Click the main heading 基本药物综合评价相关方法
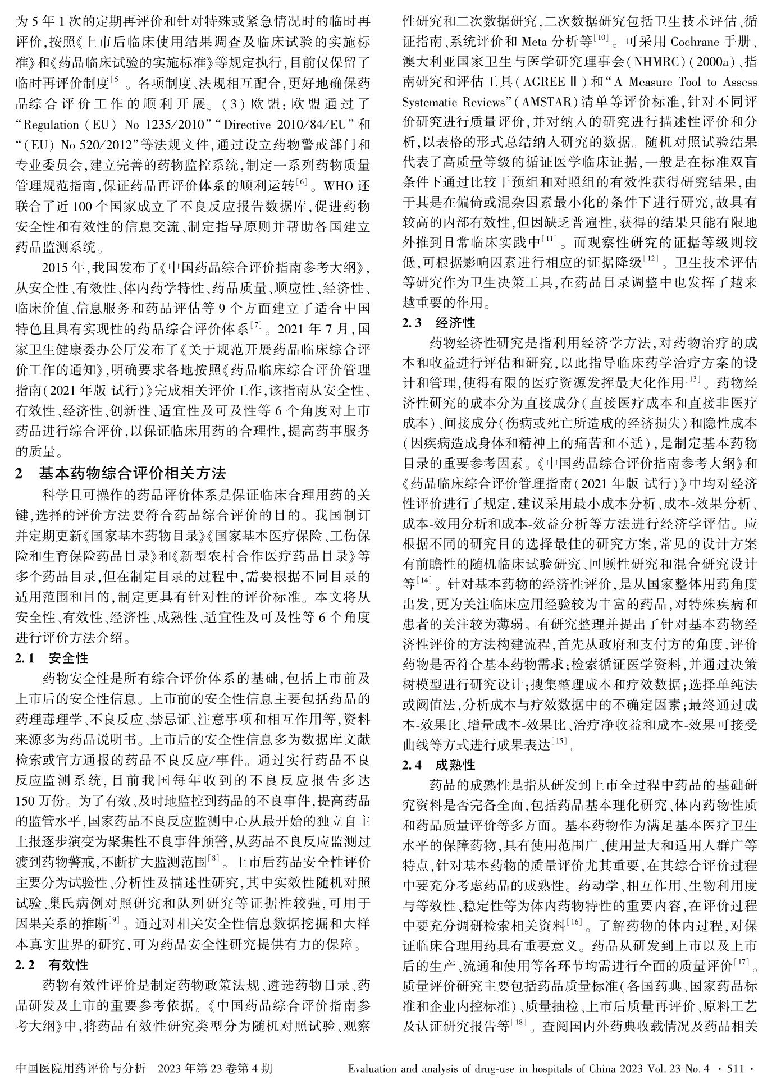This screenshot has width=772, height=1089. (x=133, y=473)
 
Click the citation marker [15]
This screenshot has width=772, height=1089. (x=560, y=742)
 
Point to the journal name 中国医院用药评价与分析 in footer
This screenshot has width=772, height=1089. (x=81, y=1068)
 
